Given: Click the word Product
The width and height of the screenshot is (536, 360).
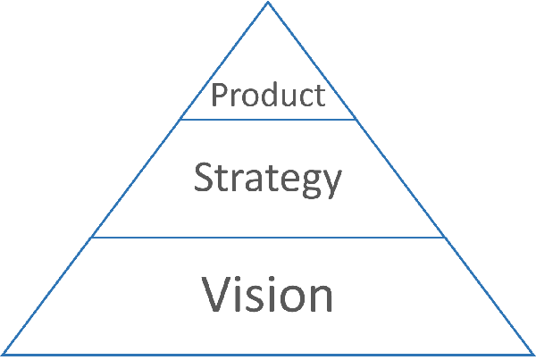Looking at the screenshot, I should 268,95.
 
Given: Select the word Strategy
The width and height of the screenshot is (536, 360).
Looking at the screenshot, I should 268,179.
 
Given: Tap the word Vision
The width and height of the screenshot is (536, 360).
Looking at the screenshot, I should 268,294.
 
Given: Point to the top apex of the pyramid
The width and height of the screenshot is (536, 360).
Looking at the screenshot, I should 268,4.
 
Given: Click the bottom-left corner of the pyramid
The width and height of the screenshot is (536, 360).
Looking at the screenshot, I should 3,355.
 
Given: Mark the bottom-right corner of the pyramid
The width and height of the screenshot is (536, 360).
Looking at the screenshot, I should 533,355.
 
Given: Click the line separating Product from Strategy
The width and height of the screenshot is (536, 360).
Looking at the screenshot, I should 268,119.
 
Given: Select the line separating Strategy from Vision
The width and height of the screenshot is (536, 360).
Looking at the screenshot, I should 268,238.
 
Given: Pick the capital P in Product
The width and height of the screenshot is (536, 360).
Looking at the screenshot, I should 218,95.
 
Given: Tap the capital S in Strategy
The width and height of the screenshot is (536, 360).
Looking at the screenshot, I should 205,179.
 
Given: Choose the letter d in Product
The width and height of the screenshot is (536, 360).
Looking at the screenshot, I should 267,95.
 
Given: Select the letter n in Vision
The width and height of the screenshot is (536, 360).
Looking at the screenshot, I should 319,297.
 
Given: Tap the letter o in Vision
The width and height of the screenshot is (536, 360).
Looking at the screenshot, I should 289,297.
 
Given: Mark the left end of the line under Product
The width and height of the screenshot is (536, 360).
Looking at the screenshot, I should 181,119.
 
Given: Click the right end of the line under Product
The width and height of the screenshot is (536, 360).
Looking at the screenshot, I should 356,119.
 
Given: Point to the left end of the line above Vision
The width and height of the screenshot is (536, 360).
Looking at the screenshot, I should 92,238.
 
